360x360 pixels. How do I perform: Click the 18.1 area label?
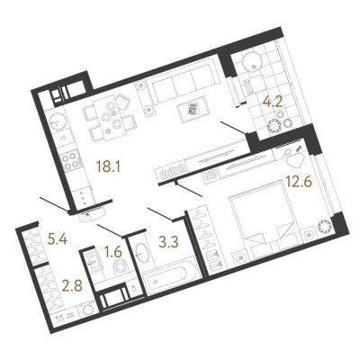coord(108,166)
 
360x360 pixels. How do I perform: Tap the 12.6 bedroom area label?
coord(299,182)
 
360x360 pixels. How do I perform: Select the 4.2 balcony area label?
coord(273,103)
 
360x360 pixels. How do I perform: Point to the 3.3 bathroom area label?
coord(169,242)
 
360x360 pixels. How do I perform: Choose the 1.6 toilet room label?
coord(113,252)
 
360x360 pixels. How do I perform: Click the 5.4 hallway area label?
coord(58,239)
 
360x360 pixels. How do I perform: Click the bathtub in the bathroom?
coord(169,277)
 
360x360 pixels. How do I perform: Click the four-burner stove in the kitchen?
coord(70,161)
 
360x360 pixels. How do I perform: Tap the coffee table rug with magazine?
coord(193,108)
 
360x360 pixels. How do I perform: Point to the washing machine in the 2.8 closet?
coord(88,309)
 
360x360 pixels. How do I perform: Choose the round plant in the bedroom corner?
coord(324,227)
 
